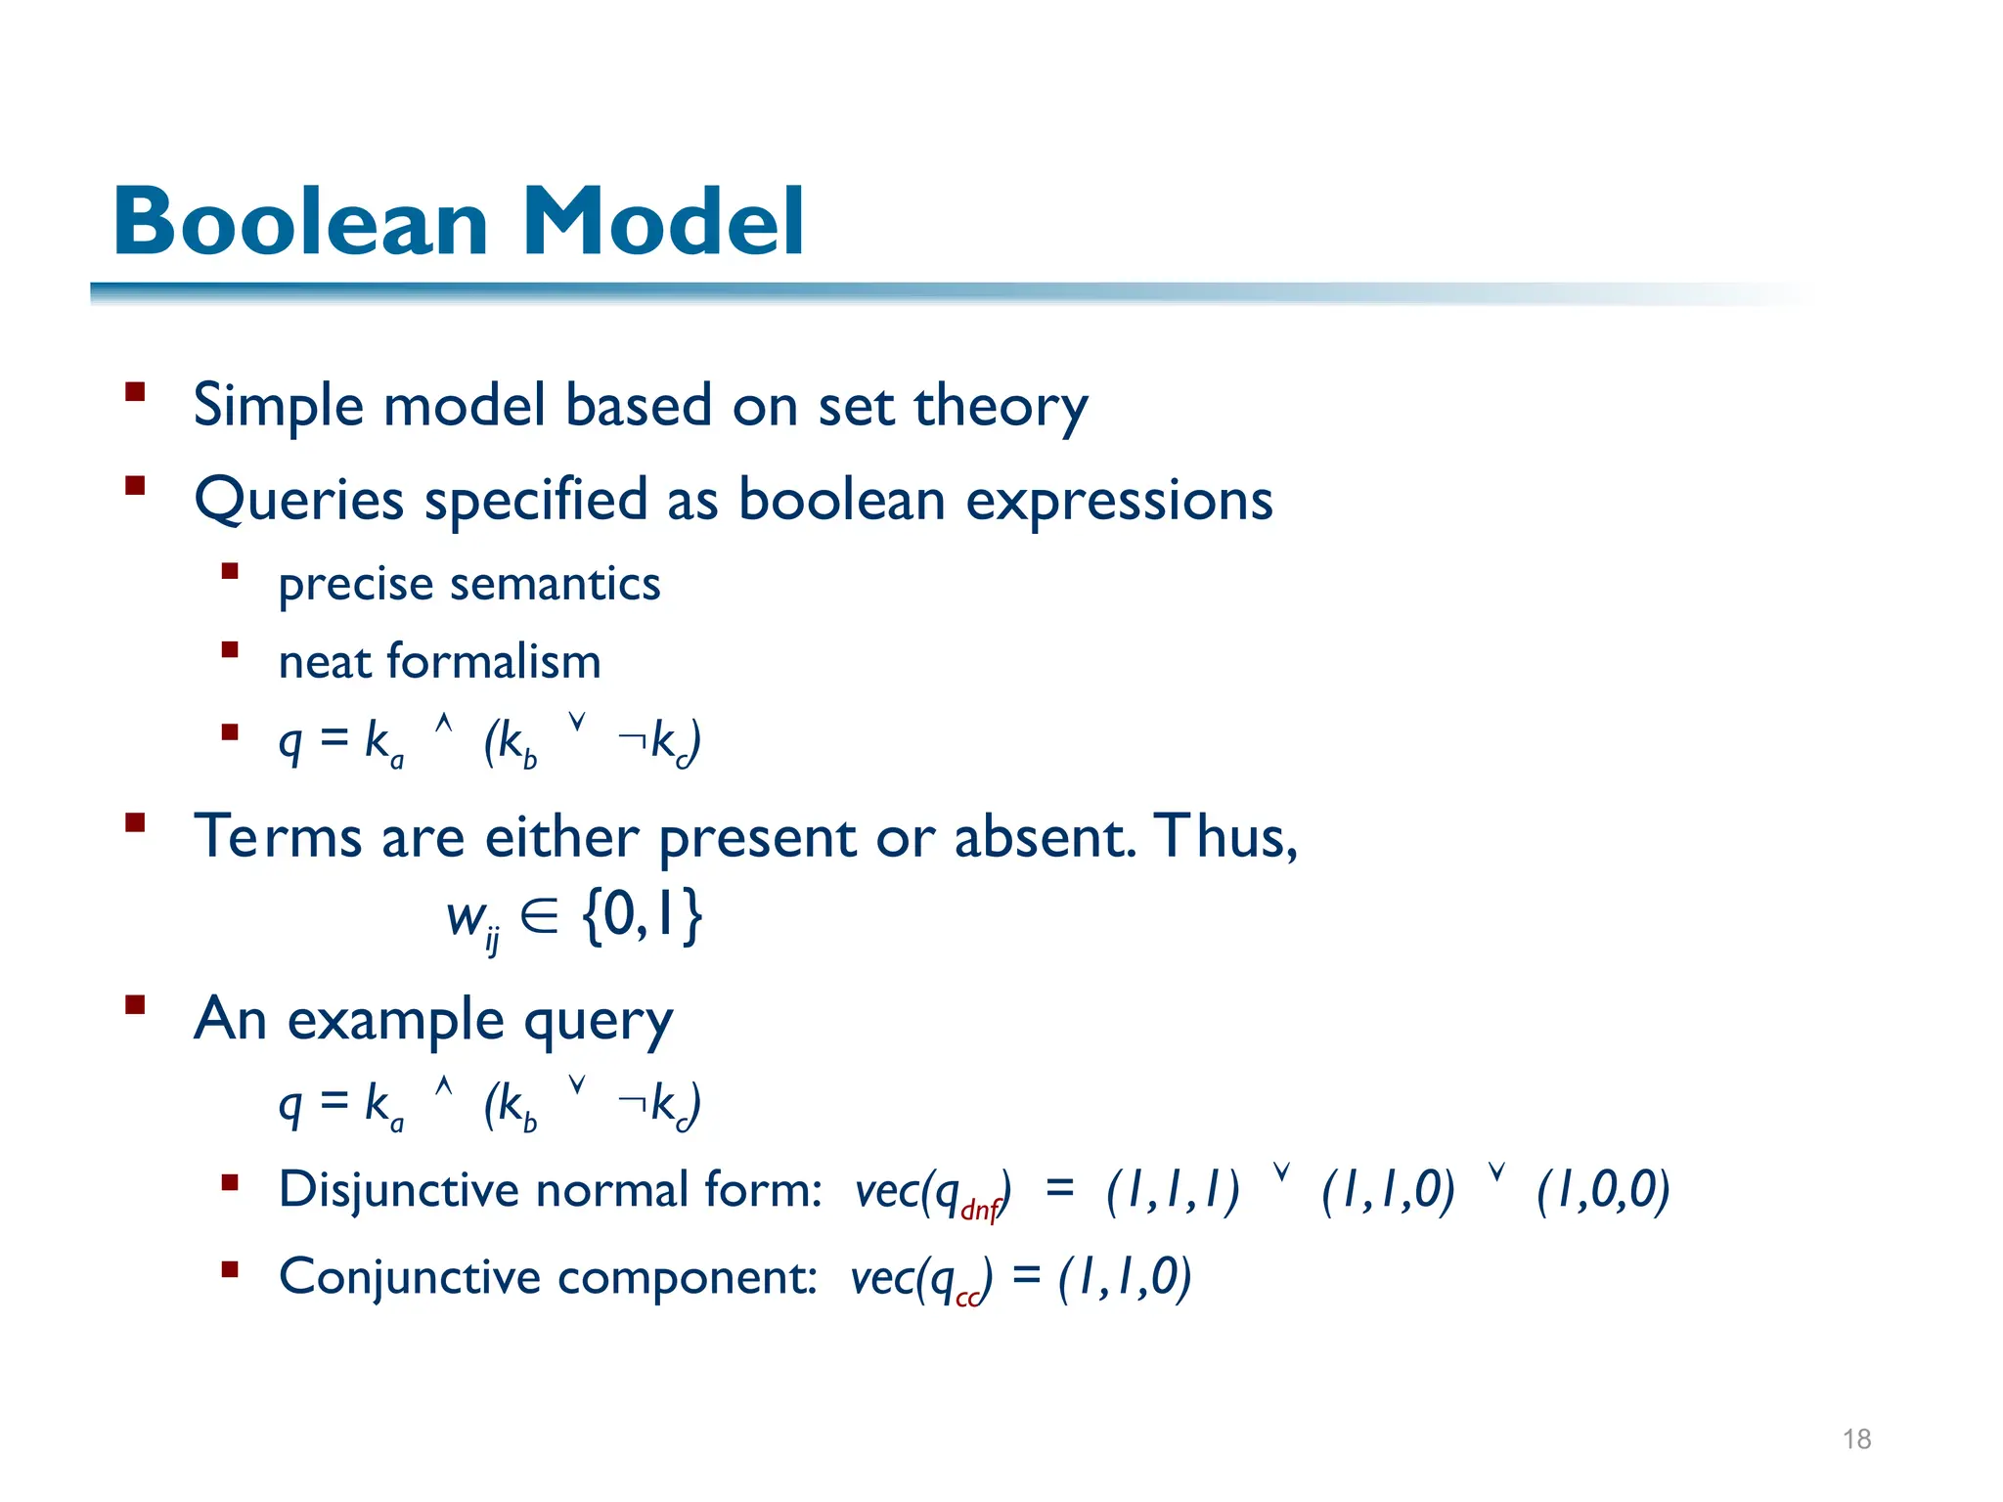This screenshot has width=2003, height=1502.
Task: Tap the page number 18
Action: [1856, 1438]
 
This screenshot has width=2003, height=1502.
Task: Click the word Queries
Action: [298, 501]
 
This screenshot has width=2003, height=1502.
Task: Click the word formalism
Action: [494, 661]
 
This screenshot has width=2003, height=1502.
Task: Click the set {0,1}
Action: [642, 915]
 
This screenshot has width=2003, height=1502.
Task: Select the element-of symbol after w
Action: [539, 916]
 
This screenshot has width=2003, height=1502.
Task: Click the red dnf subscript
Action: [980, 1211]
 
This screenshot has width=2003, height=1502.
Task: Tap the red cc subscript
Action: [967, 1298]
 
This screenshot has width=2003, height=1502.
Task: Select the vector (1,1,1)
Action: [1173, 1190]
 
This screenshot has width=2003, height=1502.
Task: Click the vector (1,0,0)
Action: [1602, 1190]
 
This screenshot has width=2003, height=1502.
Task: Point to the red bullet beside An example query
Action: [135, 1004]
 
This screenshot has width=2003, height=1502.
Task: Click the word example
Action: [395, 1020]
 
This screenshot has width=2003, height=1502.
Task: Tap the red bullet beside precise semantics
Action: [230, 571]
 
